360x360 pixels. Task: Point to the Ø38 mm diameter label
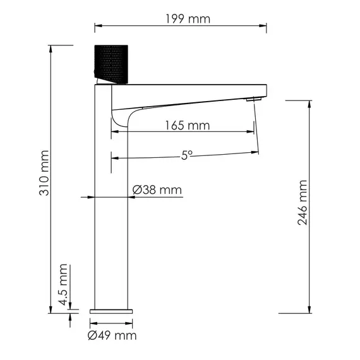coord(157,190)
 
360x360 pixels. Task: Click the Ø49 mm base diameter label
coord(112,335)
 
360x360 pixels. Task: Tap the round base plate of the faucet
coord(112,311)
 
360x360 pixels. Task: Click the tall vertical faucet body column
coord(112,208)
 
